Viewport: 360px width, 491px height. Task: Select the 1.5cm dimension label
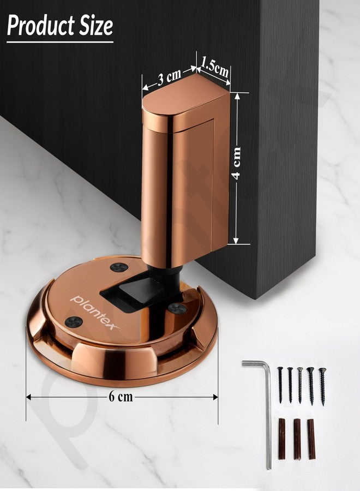pyautogui.click(x=215, y=67)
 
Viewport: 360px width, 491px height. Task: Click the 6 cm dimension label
pyautogui.click(x=121, y=397)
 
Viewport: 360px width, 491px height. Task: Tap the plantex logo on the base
pyautogui.click(x=95, y=312)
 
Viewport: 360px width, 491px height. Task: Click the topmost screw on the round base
pyautogui.click(x=119, y=267)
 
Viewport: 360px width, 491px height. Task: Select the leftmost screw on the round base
pyautogui.click(x=74, y=321)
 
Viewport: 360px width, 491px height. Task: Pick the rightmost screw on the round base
pyautogui.click(x=177, y=308)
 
